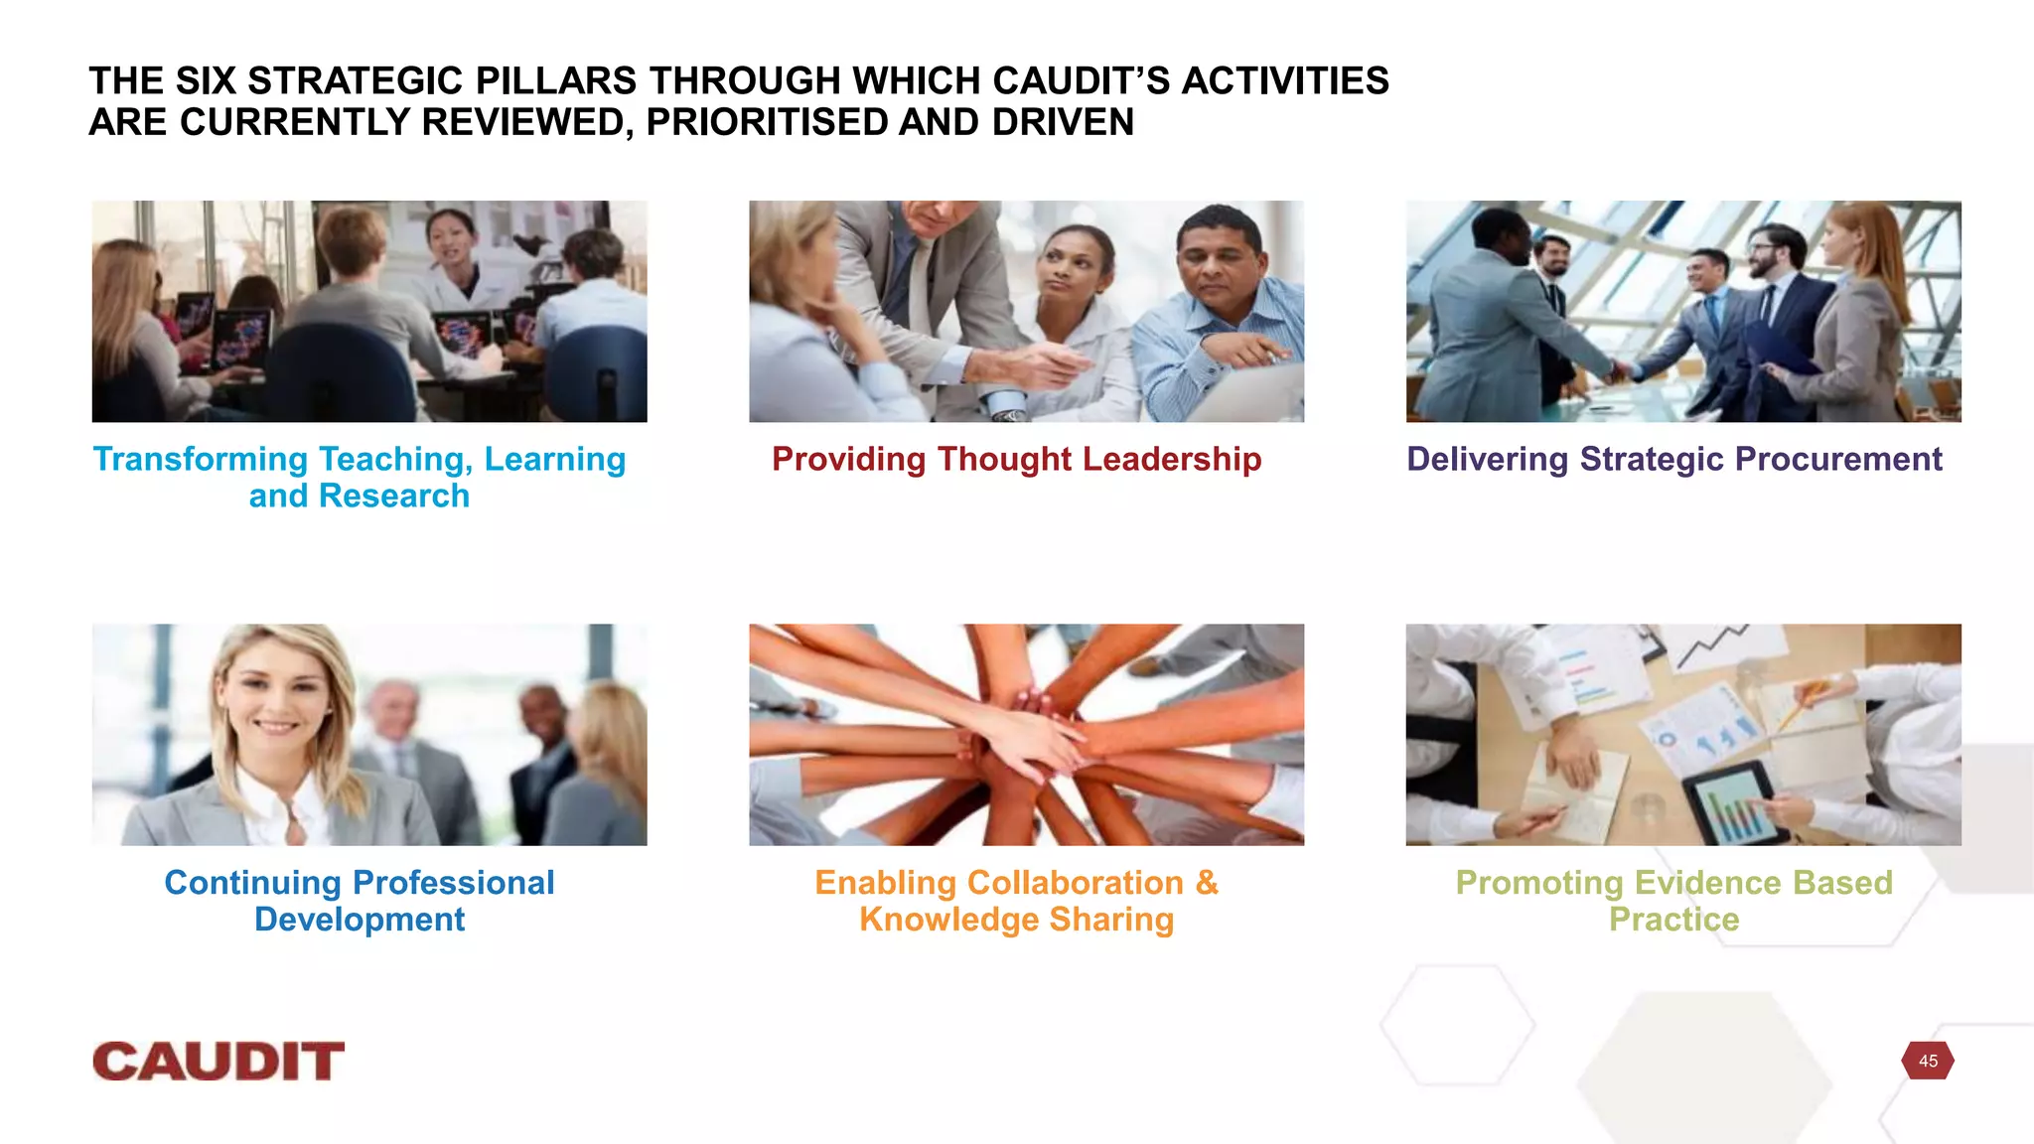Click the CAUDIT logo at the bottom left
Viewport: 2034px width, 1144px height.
(x=218, y=1062)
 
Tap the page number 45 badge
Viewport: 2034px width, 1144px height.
(x=1928, y=1061)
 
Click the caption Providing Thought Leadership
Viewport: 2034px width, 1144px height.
(x=1016, y=459)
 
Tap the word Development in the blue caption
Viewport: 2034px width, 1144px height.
(x=360, y=920)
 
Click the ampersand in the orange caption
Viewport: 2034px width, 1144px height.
(x=1206, y=883)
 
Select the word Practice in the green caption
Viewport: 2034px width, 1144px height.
(x=1673, y=920)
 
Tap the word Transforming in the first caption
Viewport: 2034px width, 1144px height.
(x=200, y=459)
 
